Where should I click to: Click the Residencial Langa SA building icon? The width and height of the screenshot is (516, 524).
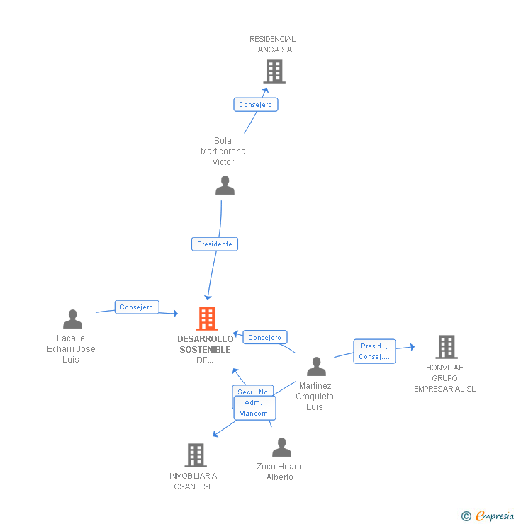click(274, 72)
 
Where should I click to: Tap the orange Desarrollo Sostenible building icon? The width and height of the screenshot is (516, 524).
click(206, 319)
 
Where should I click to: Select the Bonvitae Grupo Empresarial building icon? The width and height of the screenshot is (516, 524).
click(446, 347)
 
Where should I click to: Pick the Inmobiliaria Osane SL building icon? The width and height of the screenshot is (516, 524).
click(196, 455)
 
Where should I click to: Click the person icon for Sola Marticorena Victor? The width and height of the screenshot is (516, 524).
click(225, 186)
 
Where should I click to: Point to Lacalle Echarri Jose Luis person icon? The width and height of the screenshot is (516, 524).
click(72, 319)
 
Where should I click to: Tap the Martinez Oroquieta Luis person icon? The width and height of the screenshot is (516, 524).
click(316, 367)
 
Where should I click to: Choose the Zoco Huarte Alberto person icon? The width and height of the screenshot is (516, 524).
click(282, 448)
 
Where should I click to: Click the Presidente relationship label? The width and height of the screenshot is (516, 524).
click(215, 244)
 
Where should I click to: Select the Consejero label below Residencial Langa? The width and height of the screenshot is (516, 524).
click(256, 105)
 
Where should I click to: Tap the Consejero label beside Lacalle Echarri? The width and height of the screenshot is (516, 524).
click(137, 307)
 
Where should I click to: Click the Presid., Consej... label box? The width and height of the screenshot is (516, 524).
click(374, 351)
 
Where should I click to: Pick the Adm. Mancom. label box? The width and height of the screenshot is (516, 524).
click(254, 408)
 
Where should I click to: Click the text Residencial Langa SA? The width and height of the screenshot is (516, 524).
click(273, 45)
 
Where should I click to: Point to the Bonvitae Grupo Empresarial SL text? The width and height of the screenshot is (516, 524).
click(445, 378)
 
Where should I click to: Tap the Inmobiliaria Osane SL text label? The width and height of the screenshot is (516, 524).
click(193, 481)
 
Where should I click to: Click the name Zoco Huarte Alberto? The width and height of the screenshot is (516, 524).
click(280, 472)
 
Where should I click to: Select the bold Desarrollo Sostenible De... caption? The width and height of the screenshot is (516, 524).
click(206, 349)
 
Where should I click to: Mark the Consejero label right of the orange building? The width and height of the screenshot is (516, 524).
click(265, 338)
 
